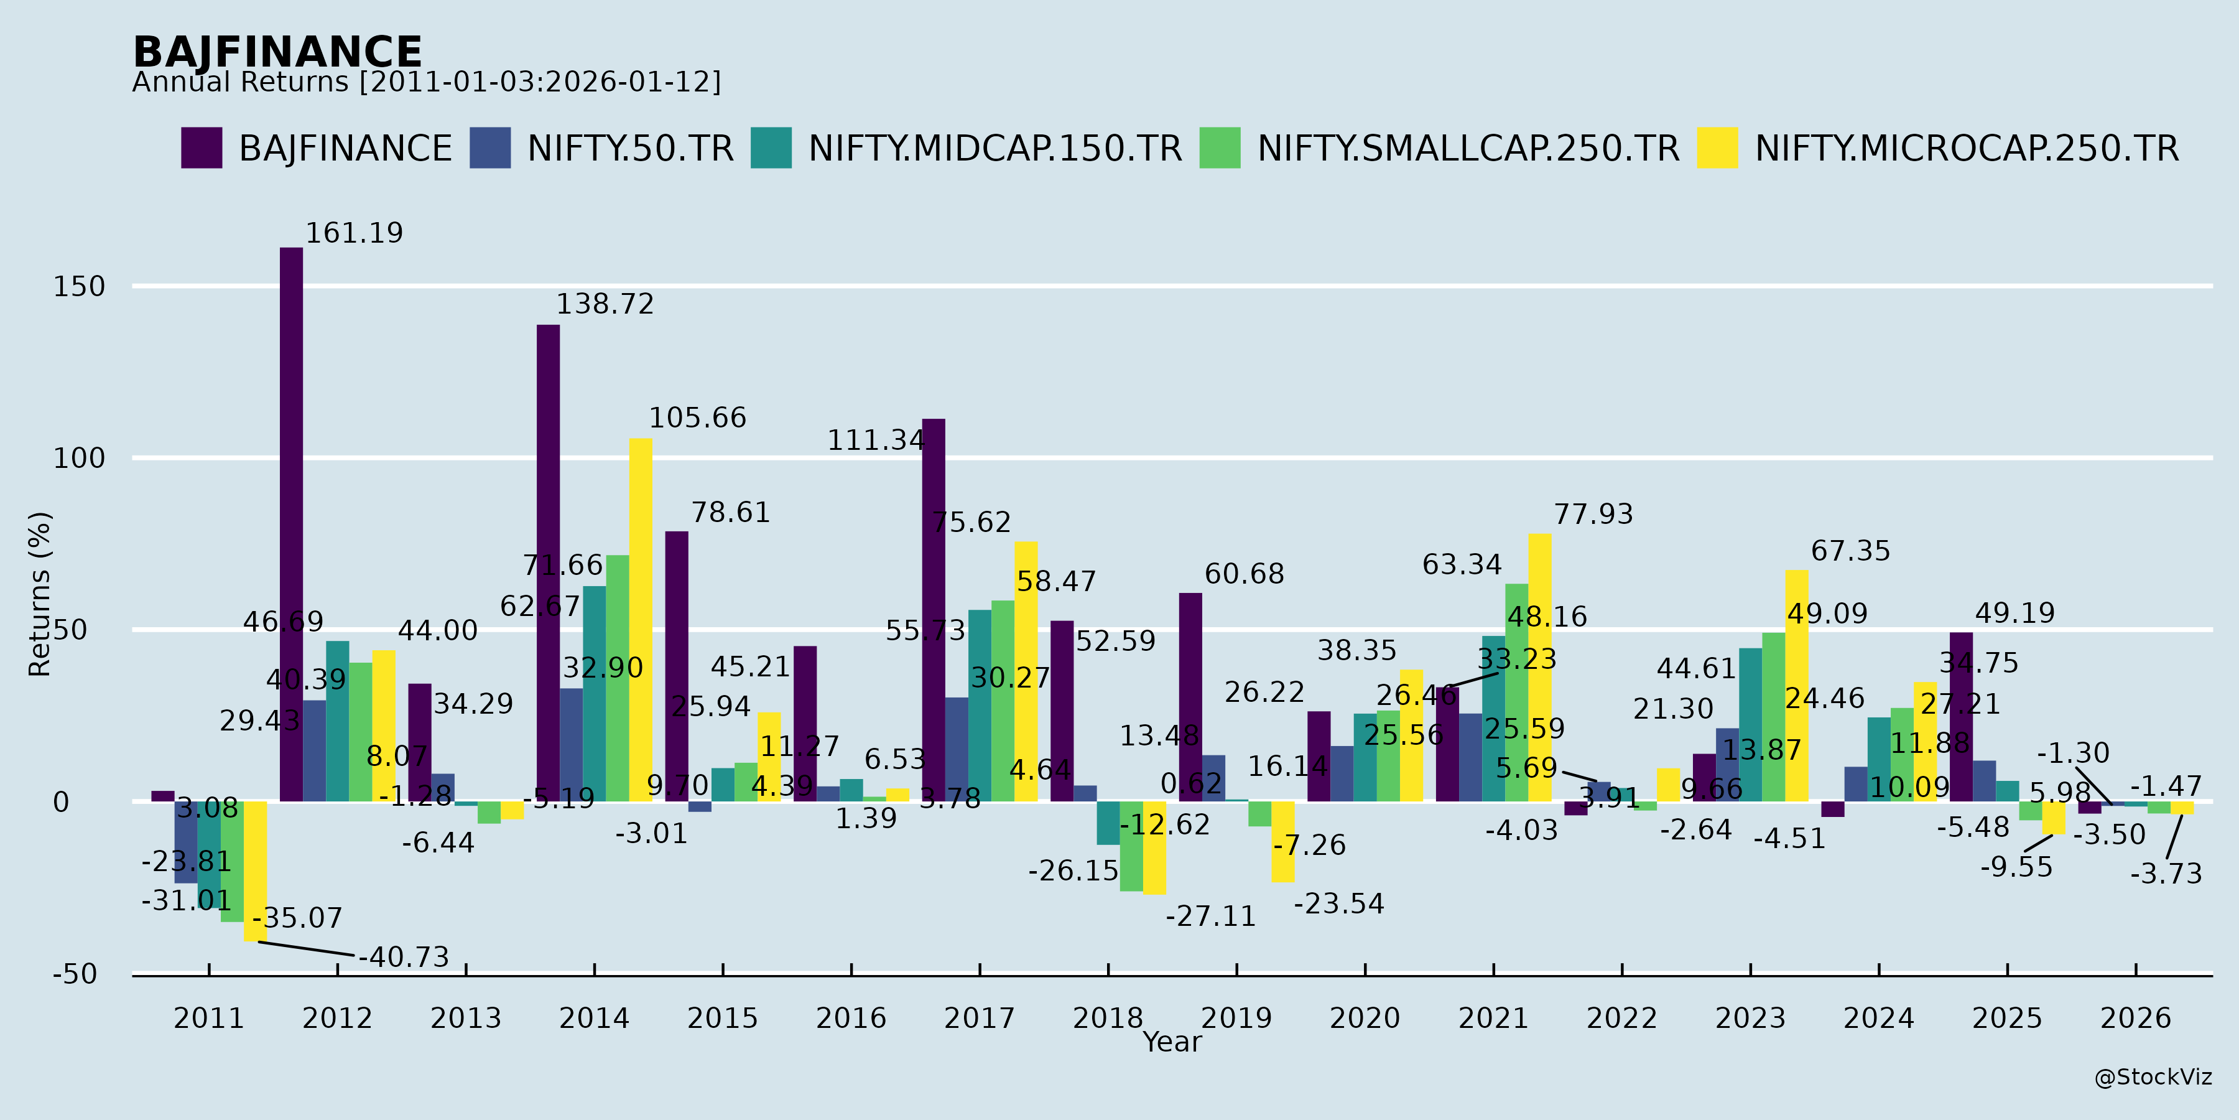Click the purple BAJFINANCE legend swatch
[201, 148]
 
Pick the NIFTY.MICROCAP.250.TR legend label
[1966, 149]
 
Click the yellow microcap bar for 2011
[254, 870]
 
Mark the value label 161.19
[354, 233]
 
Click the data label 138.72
[605, 304]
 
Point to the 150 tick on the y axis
[79, 286]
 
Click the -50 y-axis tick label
[76, 974]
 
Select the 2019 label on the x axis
[1236, 1017]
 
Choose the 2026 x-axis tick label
[2136, 1017]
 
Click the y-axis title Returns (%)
[40, 594]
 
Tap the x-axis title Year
[1172, 1042]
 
